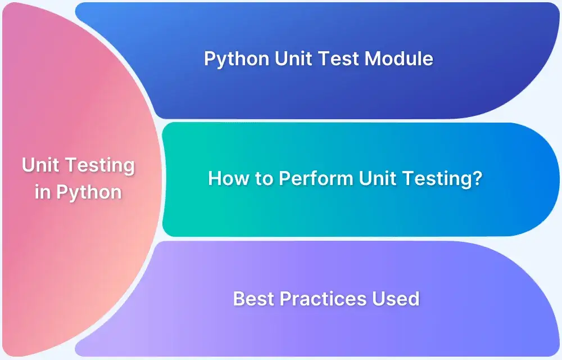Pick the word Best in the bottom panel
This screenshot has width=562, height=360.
[x=252, y=299]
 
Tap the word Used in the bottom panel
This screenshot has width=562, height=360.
[x=396, y=299]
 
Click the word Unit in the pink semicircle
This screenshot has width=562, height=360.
[x=42, y=165]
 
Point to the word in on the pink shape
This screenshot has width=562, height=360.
[x=43, y=192]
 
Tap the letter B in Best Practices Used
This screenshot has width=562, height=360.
[x=239, y=299]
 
